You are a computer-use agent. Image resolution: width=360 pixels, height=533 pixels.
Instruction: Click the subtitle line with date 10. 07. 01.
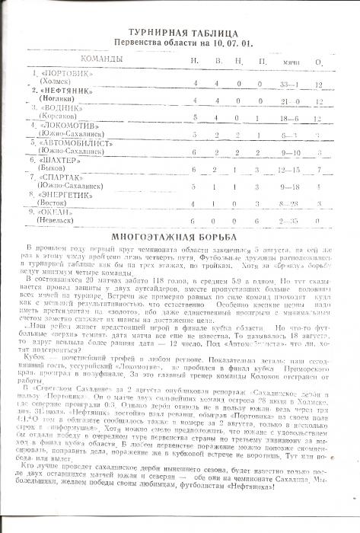coord(179,43)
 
